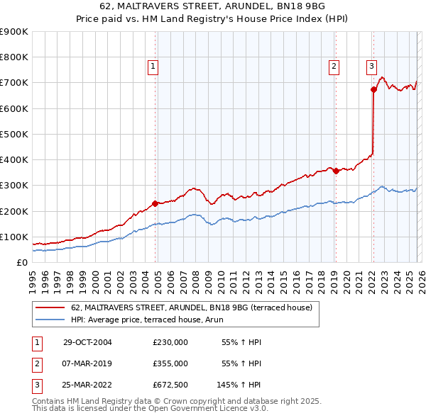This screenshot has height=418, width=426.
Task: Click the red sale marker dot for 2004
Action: pyautogui.click(x=155, y=203)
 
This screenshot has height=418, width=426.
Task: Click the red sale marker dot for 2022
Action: pyautogui.click(x=373, y=89)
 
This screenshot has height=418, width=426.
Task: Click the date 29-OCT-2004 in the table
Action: pyautogui.click(x=87, y=342)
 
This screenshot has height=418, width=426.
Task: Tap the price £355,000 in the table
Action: pyautogui.click(x=170, y=363)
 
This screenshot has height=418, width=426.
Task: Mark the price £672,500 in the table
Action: pyautogui.click(x=170, y=385)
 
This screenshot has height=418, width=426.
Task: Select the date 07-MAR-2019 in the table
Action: pyautogui.click(x=87, y=363)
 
